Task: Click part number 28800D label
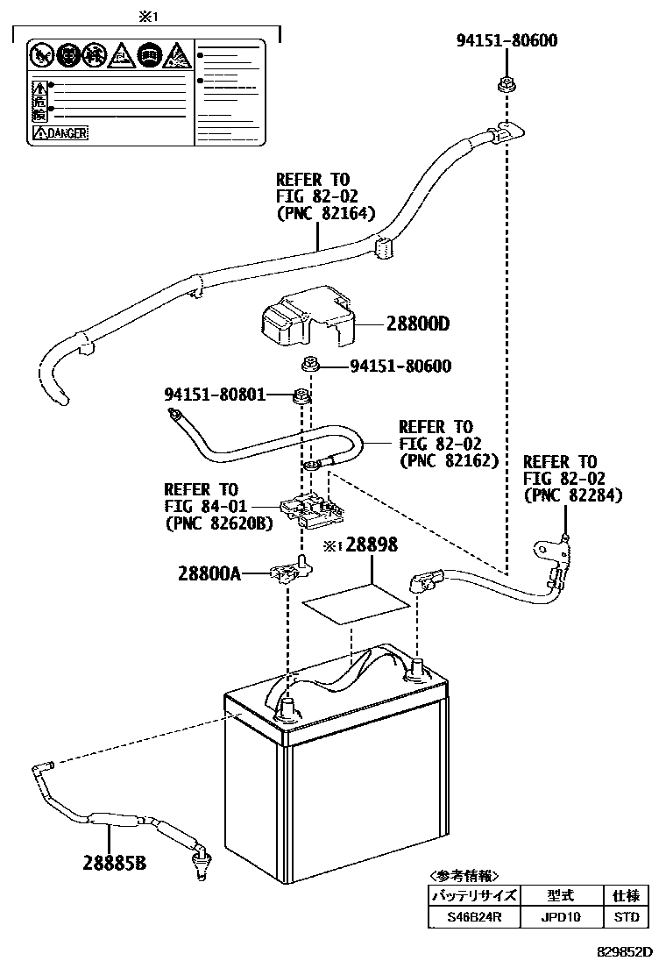[417, 324]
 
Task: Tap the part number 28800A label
[210, 573]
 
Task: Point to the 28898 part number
[372, 544]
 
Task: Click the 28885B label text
[115, 863]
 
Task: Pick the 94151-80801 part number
[215, 394]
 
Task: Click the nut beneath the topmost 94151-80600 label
[506, 85]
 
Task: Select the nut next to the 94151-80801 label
[300, 395]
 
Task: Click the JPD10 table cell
[561, 918]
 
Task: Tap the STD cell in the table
[627, 918]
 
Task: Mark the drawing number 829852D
[626, 951]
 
